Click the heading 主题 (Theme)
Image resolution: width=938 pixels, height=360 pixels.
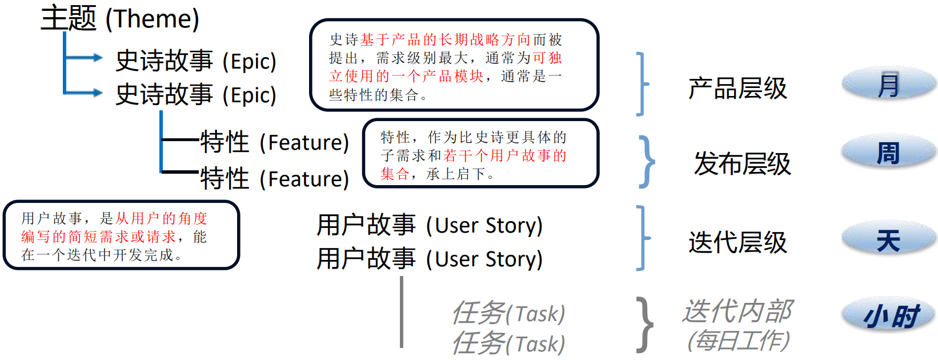coord(120,18)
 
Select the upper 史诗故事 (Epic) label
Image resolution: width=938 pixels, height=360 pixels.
coord(196,61)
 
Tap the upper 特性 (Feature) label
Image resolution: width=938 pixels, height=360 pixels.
coord(274,142)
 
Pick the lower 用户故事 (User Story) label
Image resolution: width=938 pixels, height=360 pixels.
coord(430,259)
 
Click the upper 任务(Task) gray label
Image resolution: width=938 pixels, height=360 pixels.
coord(508,313)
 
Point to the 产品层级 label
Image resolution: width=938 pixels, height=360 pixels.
coord(737,89)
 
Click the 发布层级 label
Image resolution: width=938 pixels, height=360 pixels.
coord(742,164)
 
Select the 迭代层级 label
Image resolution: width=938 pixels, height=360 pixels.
coord(737,242)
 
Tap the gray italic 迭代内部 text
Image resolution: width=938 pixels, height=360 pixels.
coord(737,312)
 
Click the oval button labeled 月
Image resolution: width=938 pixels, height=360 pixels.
coord(889,85)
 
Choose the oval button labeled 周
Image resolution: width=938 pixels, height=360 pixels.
coord(889,153)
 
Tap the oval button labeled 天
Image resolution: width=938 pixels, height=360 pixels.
coord(889,240)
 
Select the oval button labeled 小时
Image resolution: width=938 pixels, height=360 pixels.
coord(889,315)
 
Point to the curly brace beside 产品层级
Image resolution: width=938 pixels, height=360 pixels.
coord(643,84)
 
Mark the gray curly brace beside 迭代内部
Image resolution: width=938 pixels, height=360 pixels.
coord(645,325)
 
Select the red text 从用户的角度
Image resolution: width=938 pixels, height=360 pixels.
coord(161,218)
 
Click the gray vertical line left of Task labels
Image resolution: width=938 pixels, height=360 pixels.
coord(402,312)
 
